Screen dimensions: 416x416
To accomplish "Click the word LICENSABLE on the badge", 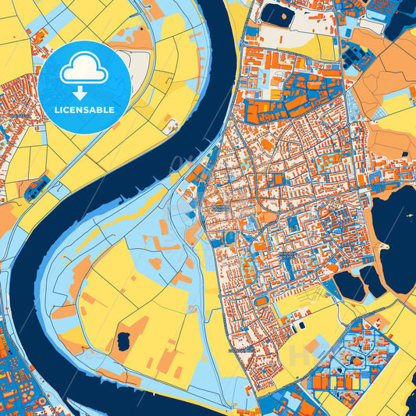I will tap(84, 109).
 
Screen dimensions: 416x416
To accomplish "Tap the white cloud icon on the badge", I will tap(84, 71).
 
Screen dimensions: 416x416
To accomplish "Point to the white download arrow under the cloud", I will tap(84, 92).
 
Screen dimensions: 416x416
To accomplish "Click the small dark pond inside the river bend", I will tap(123, 340).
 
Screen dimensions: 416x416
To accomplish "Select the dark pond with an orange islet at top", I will tap(277, 12).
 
